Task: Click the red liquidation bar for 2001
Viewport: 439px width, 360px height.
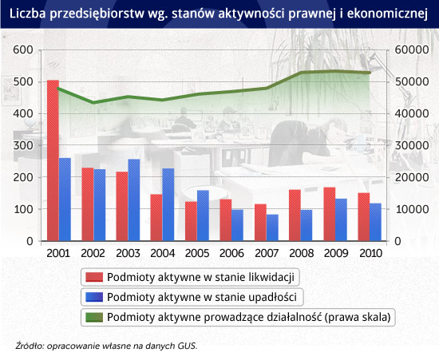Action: (x=53, y=160)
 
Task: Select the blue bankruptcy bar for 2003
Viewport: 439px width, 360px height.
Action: (x=134, y=200)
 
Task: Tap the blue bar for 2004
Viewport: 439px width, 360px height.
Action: (x=168, y=204)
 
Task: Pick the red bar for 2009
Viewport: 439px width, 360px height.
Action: (x=330, y=214)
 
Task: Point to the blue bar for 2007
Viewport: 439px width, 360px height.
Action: (x=272, y=227)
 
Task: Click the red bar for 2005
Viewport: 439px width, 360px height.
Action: (x=192, y=221)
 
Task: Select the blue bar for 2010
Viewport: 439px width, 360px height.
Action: (x=375, y=222)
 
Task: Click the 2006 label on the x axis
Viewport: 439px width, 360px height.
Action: (x=231, y=253)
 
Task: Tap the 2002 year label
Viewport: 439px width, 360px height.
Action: (x=93, y=253)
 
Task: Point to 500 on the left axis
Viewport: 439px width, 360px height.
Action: (x=23, y=81)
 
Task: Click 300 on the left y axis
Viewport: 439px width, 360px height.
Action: (x=23, y=145)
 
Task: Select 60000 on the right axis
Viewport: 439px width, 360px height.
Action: (x=412, y=49)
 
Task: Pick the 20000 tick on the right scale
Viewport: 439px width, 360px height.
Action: (x=412, y=177)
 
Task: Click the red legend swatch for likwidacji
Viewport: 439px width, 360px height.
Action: (x=94, y=277)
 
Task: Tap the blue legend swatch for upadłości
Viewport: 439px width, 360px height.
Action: (x=94, y=297)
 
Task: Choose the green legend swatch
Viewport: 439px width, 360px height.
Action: (x=94, y=317)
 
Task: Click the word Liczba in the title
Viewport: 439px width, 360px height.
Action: (x=28, y=14)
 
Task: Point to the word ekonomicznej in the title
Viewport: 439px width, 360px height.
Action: (x=387, y=14)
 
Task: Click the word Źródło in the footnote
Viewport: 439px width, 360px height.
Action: (x=30, y=346)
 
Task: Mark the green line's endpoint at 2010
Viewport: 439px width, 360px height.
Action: (x=370, y=73)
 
